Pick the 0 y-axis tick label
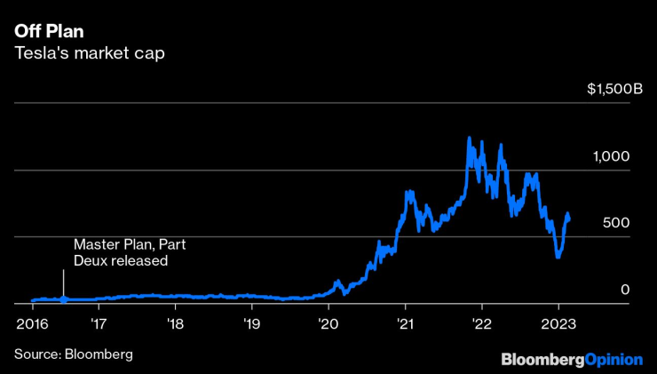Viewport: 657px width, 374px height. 625,290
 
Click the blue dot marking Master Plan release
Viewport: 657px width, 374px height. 63,299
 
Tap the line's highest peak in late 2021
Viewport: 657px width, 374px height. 469,138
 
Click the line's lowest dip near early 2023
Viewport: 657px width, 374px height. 558,257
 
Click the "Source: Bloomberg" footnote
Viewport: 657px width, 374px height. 73,354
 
